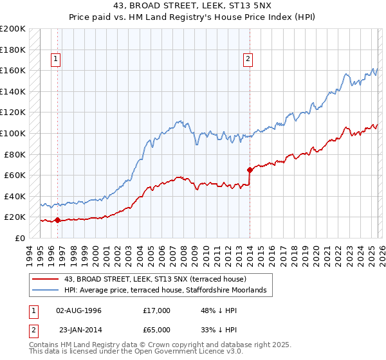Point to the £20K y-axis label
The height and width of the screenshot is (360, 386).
pos(15,217)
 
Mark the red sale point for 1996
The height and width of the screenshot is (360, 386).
pos(58,221)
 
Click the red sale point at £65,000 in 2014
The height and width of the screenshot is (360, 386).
pos(250,170)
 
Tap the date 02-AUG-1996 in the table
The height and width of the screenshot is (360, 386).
pos(78,310)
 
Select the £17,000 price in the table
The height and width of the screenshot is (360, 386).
pos(157,310)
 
